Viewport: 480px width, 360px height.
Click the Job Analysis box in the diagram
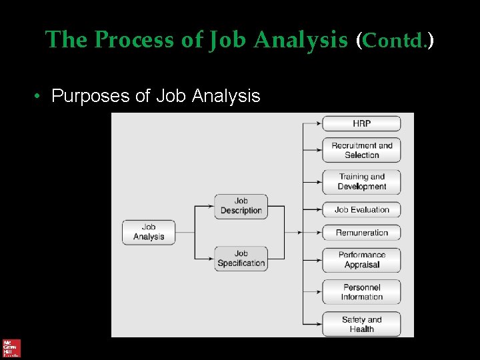click(149, 232)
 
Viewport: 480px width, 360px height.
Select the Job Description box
click(241, 206)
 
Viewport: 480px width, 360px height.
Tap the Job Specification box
click(241, 258)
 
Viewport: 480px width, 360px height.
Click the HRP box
click(361, 123)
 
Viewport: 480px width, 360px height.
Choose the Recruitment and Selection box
click(361, 150)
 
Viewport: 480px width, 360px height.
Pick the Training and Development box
click(361, 181)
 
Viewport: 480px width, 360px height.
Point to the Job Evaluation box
click(361, 209)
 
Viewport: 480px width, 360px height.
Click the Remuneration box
click(361, 233)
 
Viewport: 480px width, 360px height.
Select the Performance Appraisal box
click(361, 260)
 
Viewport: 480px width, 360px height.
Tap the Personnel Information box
click(361, 292)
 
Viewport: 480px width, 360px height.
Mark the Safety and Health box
click(361, 324)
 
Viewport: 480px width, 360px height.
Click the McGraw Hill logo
click(11, 348)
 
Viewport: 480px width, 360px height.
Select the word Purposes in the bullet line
click(91, 96)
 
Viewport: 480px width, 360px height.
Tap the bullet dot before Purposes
click(39, 97)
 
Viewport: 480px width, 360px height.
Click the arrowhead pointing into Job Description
click(211, 206)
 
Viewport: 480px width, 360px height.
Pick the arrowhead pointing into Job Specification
click(211, 259)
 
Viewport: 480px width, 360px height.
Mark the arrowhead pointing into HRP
click(319, 123)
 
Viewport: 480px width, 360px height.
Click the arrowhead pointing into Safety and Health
click(319, 324)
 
